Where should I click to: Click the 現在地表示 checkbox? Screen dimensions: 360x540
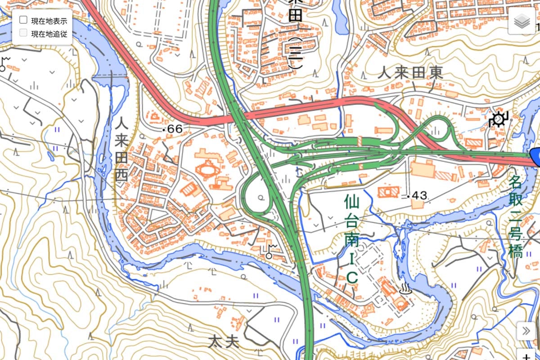(x=24, y=20)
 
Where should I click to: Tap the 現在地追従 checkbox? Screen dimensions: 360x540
(x=24, y=33)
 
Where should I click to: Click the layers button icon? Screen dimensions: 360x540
(x=522, y=21)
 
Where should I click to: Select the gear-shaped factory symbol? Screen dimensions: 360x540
(x=498, y=119)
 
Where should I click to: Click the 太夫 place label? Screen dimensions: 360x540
(x=224, y=342)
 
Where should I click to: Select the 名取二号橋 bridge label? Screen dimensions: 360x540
(x=516, y=217)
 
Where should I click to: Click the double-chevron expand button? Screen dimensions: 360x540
(x=526, y=332)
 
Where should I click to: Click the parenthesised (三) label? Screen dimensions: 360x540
(x=295, y=54)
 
